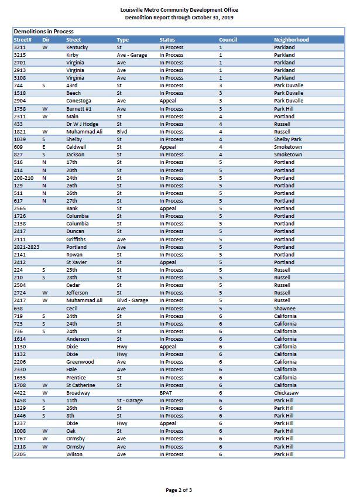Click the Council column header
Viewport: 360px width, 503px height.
click(228, 40)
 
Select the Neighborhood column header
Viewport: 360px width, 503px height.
click(291, 40)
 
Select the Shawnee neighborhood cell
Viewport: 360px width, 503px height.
click(284, 309)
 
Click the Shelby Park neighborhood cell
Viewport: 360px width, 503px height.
click(288, 139)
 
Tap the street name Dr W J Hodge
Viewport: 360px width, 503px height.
click(82, 124)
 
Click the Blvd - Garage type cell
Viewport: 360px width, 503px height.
click(132, 300)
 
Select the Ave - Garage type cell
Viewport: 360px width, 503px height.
click(132, 55)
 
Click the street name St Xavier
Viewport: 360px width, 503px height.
click(77, 262)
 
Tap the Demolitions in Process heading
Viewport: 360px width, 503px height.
click(44, 32)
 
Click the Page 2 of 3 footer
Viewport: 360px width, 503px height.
click(179, 490)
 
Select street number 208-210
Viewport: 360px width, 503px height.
click(23, 178)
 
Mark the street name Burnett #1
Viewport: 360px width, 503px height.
click(80, 109)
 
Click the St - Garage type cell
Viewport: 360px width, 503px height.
click(129, 401)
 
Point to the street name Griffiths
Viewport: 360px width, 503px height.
click(76, 239)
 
